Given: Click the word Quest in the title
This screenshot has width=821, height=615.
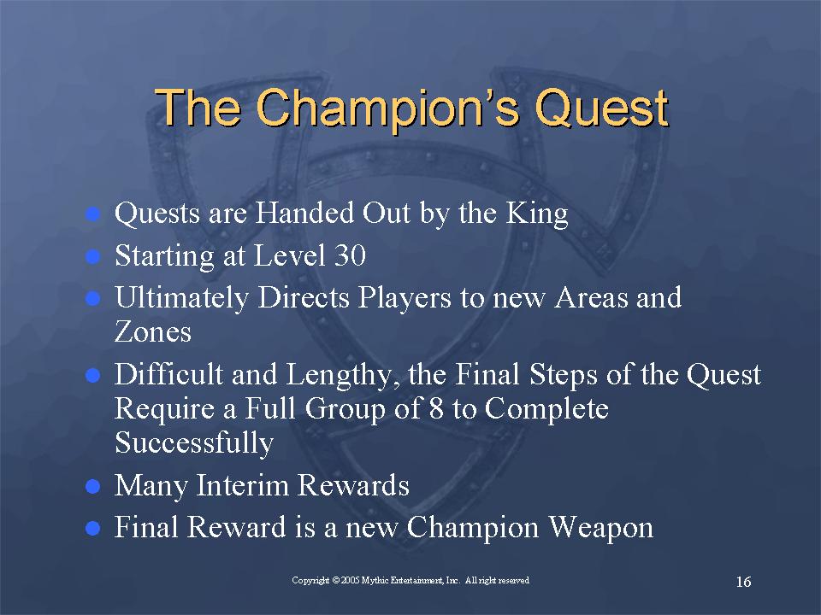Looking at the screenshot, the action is [x=601, y=108].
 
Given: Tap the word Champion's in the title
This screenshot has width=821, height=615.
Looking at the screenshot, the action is [x=387, y=108].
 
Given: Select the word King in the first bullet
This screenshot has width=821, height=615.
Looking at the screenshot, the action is [x=537, y=214].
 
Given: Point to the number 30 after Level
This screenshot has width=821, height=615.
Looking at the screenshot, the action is [x=349, y=255].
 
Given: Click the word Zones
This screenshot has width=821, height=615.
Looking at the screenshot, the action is [x=153, y=331].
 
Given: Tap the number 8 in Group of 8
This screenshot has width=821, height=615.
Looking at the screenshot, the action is [x=436, y=408].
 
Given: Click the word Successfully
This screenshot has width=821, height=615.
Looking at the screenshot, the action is [x=194, y=443].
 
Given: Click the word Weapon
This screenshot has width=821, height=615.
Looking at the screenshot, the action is [x=601, y=527].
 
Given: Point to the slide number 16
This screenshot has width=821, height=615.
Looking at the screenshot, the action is [x=743, y=582].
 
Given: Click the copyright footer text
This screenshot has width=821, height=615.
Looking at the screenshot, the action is [x=410, y=581].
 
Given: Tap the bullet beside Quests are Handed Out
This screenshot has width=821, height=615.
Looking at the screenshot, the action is [x=92, y=214].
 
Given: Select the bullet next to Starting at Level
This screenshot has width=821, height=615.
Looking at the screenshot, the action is [x=92, y=256].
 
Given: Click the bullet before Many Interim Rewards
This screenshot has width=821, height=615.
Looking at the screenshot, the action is [x=92, y=486].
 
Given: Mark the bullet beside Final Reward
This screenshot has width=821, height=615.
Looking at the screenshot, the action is [x=92, y=528].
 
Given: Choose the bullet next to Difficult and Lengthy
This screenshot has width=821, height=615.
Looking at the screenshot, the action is [x=92, y=375].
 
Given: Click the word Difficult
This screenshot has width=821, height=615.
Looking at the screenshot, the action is [x=169, y=374].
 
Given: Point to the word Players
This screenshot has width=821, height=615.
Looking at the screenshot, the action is [x=405, y=298].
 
